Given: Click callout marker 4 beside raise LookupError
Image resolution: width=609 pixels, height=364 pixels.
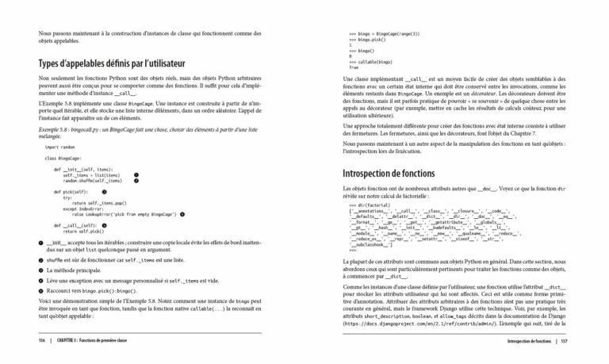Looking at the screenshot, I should coord(182,214).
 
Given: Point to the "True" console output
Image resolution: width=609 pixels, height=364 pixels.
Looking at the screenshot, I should coord(354,67).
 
